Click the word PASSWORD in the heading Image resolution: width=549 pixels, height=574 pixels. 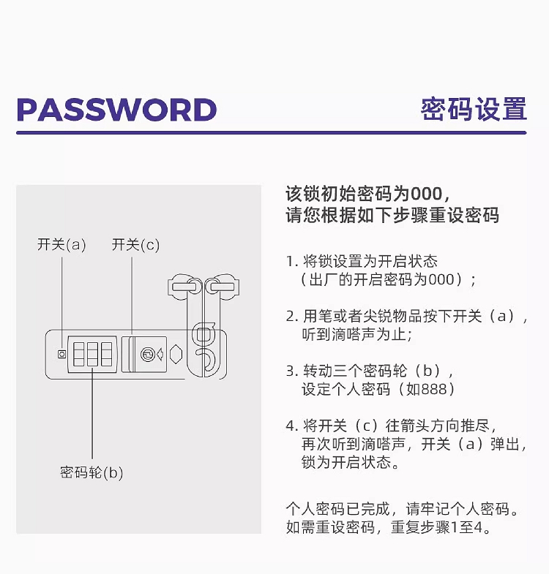click(x=116, y=110)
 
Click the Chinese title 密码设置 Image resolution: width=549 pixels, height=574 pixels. click(x=474, y=109)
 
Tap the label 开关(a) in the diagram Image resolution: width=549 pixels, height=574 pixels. click(x=61, y=244)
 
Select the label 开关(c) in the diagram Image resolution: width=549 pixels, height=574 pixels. click(x=135, y=244)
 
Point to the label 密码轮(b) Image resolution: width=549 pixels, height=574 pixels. click(x=91, y=472)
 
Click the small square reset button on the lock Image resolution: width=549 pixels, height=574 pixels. click(x=62, y=354)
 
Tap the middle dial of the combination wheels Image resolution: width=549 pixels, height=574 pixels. click(x=92, y=354)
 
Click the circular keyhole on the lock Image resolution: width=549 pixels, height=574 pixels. click(x=148, y=355)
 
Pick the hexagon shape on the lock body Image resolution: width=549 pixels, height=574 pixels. click(x=176, y=355)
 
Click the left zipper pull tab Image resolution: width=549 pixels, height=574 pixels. click(x=185, y=287)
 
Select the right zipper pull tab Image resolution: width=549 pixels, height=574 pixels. click(x=222, y=287)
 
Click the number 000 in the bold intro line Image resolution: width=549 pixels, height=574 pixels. click(x=426, y=194)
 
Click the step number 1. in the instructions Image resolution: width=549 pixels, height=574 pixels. click(x=292, y=261)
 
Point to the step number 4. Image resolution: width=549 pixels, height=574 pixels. click(x=292, y=426)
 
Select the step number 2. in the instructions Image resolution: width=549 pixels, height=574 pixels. click(x=292, y=317)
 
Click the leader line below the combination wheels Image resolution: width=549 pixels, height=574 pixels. click(x=92, y=414)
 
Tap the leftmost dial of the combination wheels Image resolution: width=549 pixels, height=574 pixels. click(x=79, y=354)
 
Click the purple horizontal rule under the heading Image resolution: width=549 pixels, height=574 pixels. click(x=271, y=132)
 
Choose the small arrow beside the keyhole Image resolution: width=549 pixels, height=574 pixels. click(x=160, y=355)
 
